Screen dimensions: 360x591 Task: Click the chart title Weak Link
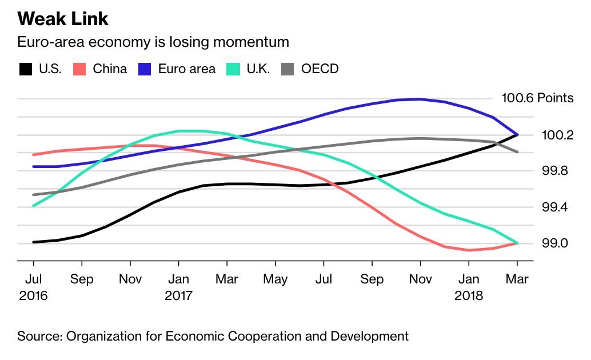pos(63,19)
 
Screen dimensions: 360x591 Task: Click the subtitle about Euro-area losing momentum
pos(153,42)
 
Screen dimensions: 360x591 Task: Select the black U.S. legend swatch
pos(26,69)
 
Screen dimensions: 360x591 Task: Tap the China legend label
pos(110,69)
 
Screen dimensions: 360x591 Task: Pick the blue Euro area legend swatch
pos(145,69)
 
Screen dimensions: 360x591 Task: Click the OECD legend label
pos(320,69)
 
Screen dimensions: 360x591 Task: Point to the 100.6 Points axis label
pos(537,98)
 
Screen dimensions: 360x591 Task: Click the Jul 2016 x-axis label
pos(33,287)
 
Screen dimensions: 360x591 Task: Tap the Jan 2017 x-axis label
pos(179,287)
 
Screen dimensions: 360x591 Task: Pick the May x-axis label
pos(275,279)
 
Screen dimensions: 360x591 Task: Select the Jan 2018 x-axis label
pos(469,287)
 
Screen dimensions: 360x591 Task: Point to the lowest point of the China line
pos(469,250)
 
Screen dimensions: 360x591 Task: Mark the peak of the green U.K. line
pos(189,131)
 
